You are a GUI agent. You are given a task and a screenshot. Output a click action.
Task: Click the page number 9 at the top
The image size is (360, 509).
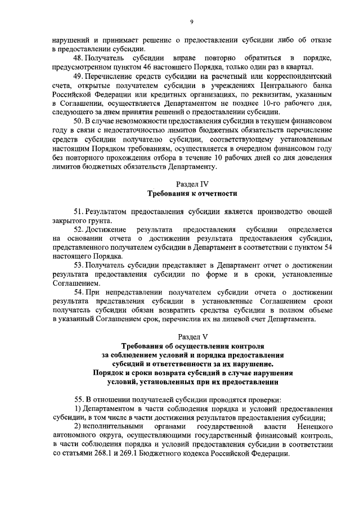coord(191,21)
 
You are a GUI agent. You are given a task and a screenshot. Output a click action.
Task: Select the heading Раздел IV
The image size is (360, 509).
coord(191,183)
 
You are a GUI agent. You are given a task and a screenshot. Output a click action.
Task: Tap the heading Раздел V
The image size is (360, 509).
coord(192,337)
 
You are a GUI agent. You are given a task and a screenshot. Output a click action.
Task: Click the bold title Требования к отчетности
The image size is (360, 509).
coord(192,193)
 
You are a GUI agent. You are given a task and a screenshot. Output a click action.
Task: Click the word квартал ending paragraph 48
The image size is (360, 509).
coord(290,68)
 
